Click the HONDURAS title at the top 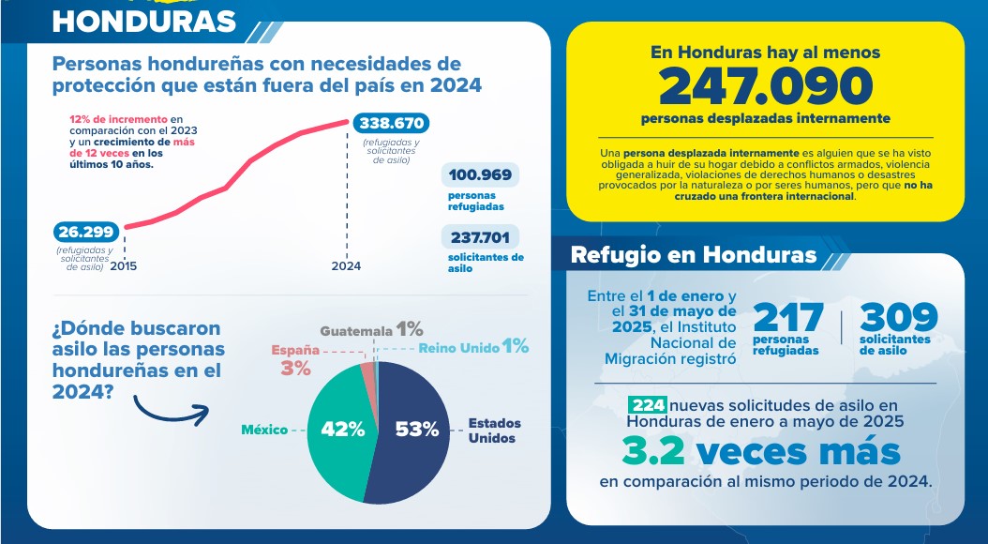(x=144, y=20)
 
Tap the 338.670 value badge (x=390, y=123)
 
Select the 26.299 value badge (x=85, y=232)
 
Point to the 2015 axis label (x=124, y=266)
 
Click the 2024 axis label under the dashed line (x=346, y=266)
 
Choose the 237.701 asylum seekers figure (x=480, y=237)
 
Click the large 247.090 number (x=765, y=86)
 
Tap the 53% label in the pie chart (x=416, y=430)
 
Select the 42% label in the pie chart (x=342, y=430)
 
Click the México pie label (x=264, y=430)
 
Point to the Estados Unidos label (x=495, y=431)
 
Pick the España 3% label (x=295, y=359)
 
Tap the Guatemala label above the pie (x=356, y=330)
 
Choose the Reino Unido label (x=460, y=347)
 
